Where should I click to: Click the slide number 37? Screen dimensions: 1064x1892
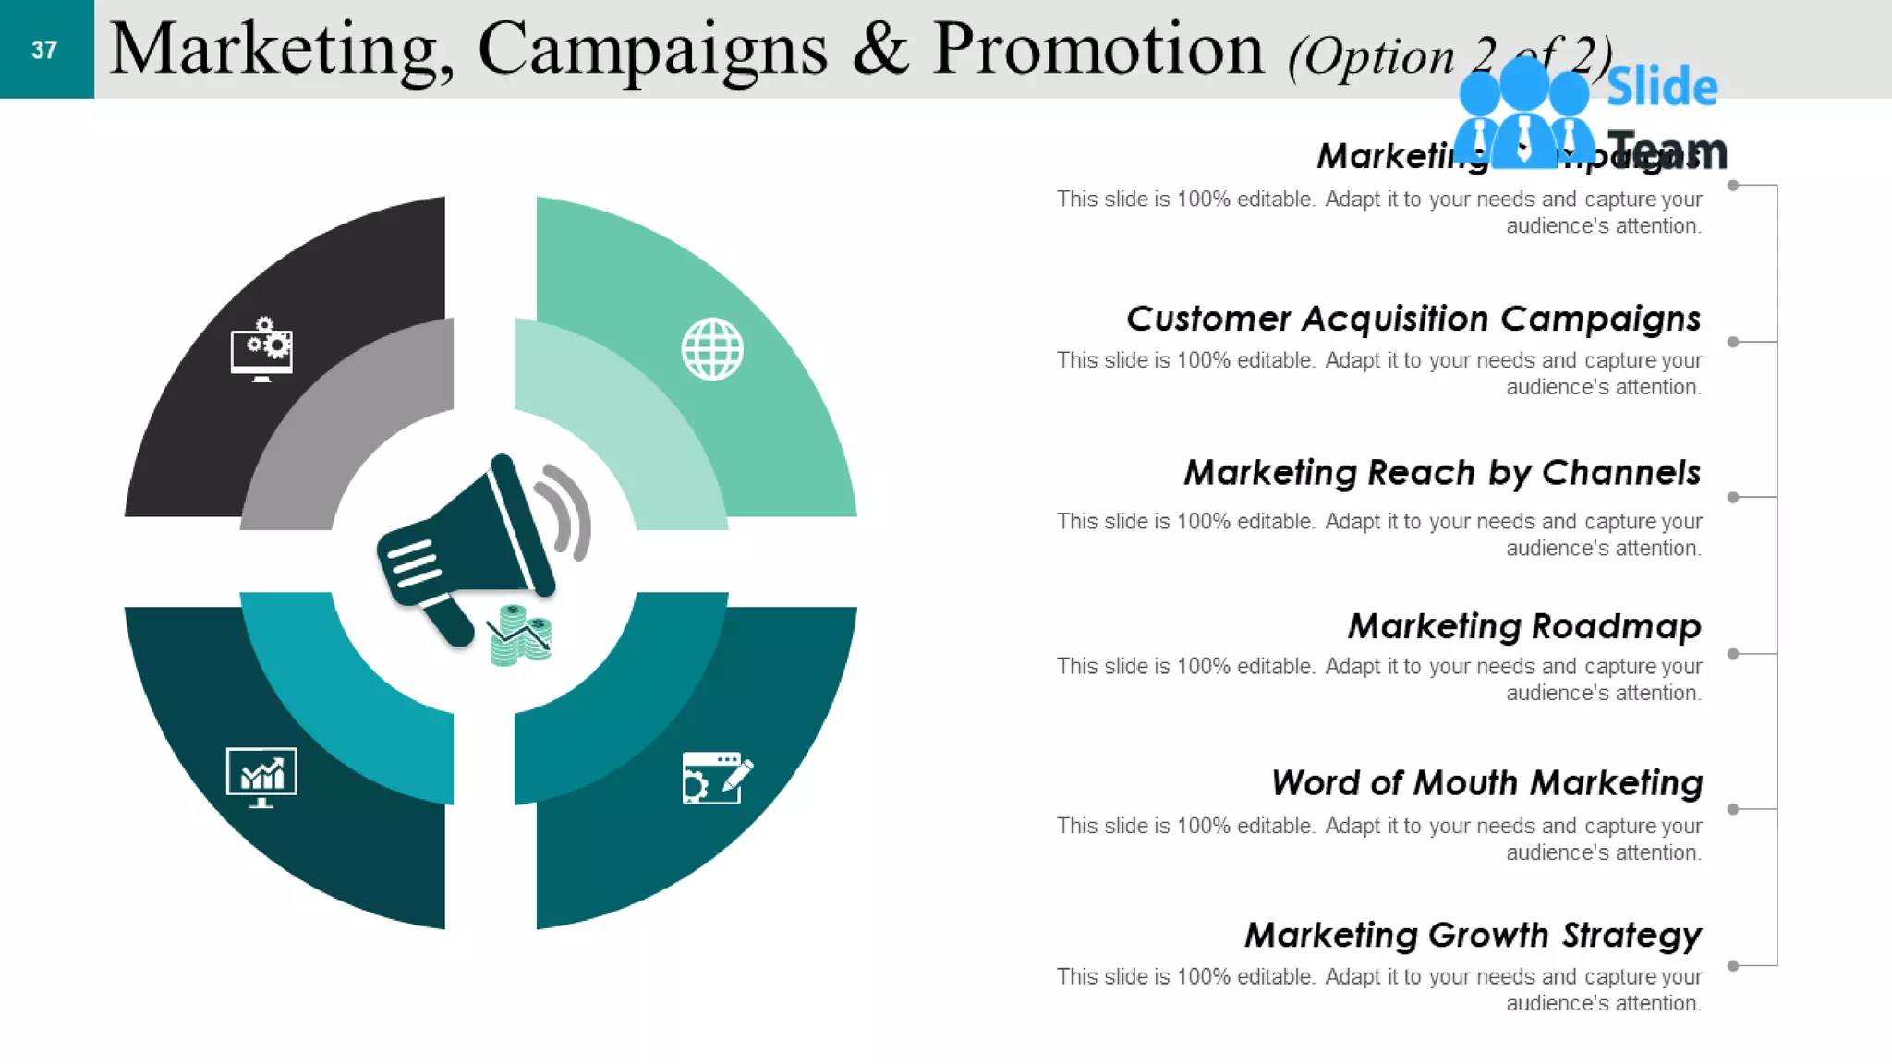pyautogui.click(x=44, y=50)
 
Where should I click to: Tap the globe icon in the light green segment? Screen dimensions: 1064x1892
pyautogui.click(x=712, y=349)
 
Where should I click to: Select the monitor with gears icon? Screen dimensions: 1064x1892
pyautogui.click(x=261, y=350)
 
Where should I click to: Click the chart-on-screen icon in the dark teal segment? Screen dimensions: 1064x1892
pyautogui.click(x=261, y=777)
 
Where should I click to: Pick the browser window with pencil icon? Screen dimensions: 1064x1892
pyautogui.click(x=717, y=778)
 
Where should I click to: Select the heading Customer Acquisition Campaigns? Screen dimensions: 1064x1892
pyautogui.click(x=1413, y=319)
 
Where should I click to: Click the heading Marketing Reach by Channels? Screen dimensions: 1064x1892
pyautogui.click(x=1441, y=473)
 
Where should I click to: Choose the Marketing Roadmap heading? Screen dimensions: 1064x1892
pyautogui.click(x=1523, y=626)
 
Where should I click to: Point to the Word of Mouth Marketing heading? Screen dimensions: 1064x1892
pyautogui.click(x=1486, y=783)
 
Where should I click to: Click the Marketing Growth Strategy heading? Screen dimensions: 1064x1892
pyautogui.click(x=1473, y=936)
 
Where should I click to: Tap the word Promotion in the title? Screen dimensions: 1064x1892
pyautogui.click(x=1098, y=50)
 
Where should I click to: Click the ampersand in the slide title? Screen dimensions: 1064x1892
pyautogui.click(x=879, y=50)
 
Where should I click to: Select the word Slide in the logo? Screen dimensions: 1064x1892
pyautogui.click(x=1662, y=87)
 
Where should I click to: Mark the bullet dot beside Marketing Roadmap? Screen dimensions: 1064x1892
pyautogui.click(x=1733, y=654)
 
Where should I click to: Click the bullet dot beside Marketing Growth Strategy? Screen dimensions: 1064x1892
pyautogui.click(x=1733, y=966)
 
